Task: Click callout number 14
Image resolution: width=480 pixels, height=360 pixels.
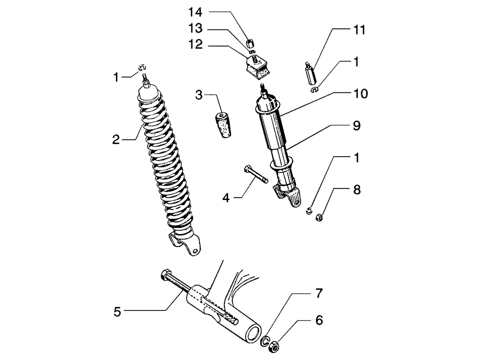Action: coord(195,12)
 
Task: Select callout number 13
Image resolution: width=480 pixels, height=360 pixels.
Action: coord(195,28)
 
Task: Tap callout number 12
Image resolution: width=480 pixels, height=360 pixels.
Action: coord(195,45)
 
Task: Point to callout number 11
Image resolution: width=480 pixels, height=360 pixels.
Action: coord(359,30)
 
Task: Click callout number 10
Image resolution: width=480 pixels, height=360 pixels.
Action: coord(360,94)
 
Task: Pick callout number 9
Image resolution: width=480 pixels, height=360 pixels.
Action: coord(356,126)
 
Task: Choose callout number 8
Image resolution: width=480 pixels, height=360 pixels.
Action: coord(356,190)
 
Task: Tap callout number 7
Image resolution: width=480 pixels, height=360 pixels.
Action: coord(319,294)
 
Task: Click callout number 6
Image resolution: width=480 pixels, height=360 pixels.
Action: coord(319,320)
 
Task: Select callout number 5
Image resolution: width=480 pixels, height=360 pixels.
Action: coord(117,312)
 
